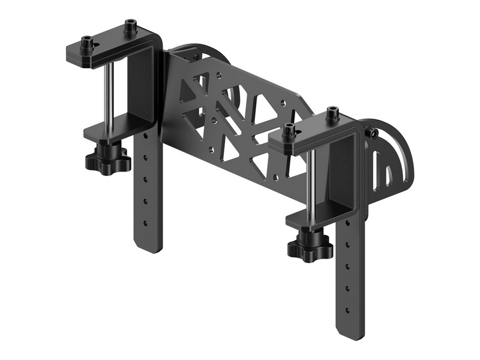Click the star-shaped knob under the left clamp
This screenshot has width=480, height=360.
coord(108,160)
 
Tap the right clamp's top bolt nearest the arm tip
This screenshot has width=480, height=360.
coord(290,128)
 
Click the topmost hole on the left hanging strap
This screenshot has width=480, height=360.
coord(145,140)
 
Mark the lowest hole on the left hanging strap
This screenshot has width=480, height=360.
coord(145,223)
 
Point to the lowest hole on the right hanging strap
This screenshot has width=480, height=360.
coord(346,310)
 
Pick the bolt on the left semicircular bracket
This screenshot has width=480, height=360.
coord(196,57)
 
